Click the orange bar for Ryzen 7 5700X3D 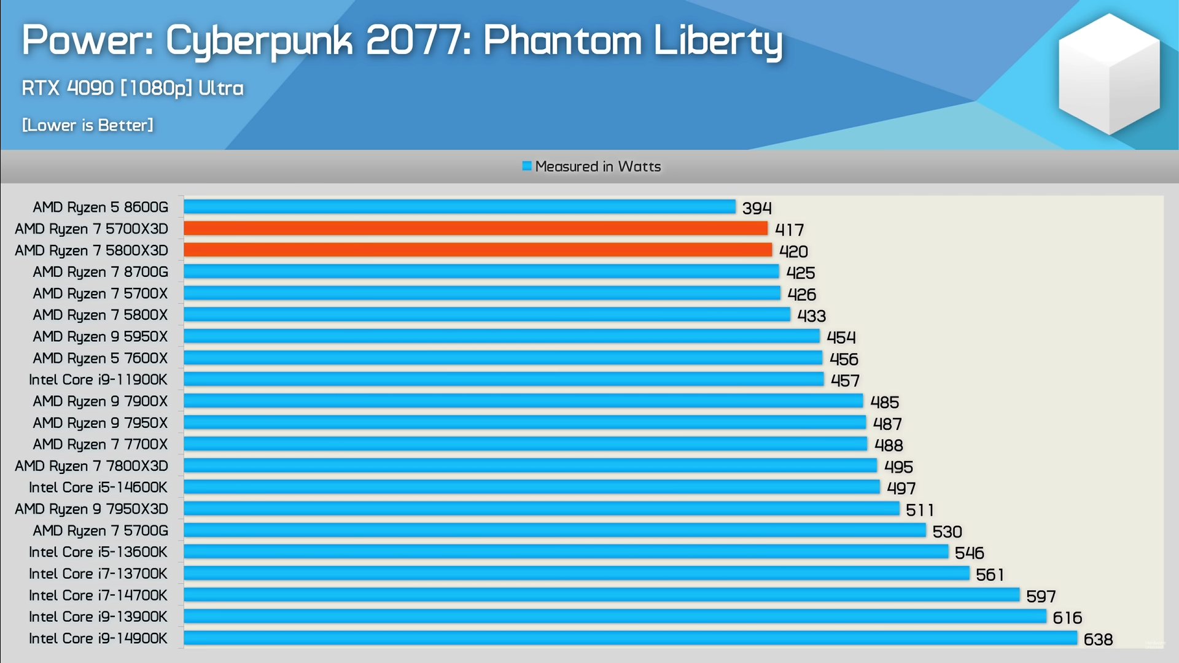pyautogui.click(x=476, y=228)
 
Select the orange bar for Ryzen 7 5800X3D pyautogui.click(x=478, y=250)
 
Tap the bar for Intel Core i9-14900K pyautogui.click(x=630, y=638)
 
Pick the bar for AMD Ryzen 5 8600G pyautogui.click(x=459, y=207)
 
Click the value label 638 pyautogui.click(x=1098, y=640)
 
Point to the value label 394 pyautogui.click(x=757, y=208)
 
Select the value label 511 pyautogui.click(x=919, y=510)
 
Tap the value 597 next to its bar pyautogui.click(x=1040, y=596)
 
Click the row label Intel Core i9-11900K pyautogui.click(x=98, y=380)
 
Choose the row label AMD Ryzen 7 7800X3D pyautogui.click(x=91, y=466)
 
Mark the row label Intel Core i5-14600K pyautogui.click(x=98, y=487)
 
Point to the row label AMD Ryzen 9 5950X pyautogui.click(x=100, y=336)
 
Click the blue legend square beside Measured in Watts pyautogui.click(x=526, y=166)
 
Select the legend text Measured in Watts pyautogui.click(x=597, y=166)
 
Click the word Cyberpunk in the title pyautogui.click(x=259, y=41)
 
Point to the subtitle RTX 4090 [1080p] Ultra pyautogui.click(x=133, y=88)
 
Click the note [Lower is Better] pyautogui.click(x=88, y=125)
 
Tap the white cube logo pyautogui.click(x=1109, y=74)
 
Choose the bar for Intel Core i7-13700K pyautogui.click(x=576, y=573)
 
